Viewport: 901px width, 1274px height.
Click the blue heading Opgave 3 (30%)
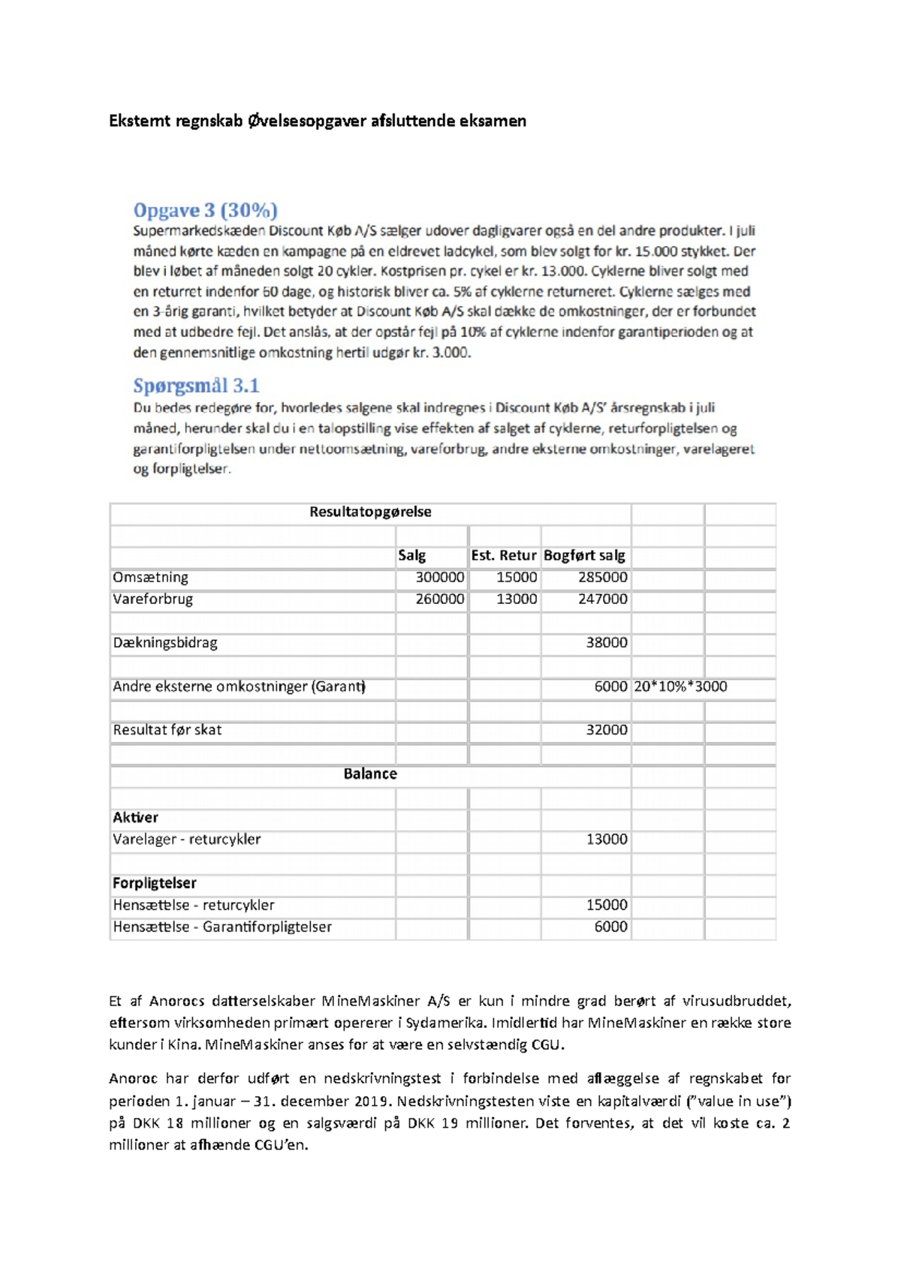coord(205,210)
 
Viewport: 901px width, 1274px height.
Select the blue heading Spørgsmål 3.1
coord(196,386)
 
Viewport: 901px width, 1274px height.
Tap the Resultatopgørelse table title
coord(370,512)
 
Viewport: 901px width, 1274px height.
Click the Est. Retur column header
coord(504,555)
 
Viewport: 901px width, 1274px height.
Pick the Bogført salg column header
coord(584,555)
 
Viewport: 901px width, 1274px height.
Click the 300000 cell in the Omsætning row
coord(440,577)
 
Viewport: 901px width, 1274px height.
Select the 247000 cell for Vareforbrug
coord(602,599)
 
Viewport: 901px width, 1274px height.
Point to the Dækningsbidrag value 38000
coord(607,642)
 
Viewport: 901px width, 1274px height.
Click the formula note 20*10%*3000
coord(680,686)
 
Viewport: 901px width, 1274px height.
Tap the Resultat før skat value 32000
coord(607,729)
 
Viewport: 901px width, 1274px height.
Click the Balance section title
coord(370,774)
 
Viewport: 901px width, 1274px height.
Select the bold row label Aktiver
coord(135,817)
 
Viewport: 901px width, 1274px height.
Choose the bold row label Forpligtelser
coord(155,883)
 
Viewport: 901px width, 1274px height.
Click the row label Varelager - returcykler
coord(187,839)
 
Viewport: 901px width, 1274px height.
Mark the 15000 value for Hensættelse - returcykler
coord(607,905)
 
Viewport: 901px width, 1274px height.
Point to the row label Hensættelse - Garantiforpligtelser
coord(222,927)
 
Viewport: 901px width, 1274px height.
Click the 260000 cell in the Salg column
coord(440,599)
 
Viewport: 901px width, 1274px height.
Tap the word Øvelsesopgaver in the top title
coord(306,121)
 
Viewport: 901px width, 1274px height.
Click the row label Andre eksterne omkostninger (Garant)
coord(239,686)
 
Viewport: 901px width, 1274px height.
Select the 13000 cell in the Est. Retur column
coord(517,599)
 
